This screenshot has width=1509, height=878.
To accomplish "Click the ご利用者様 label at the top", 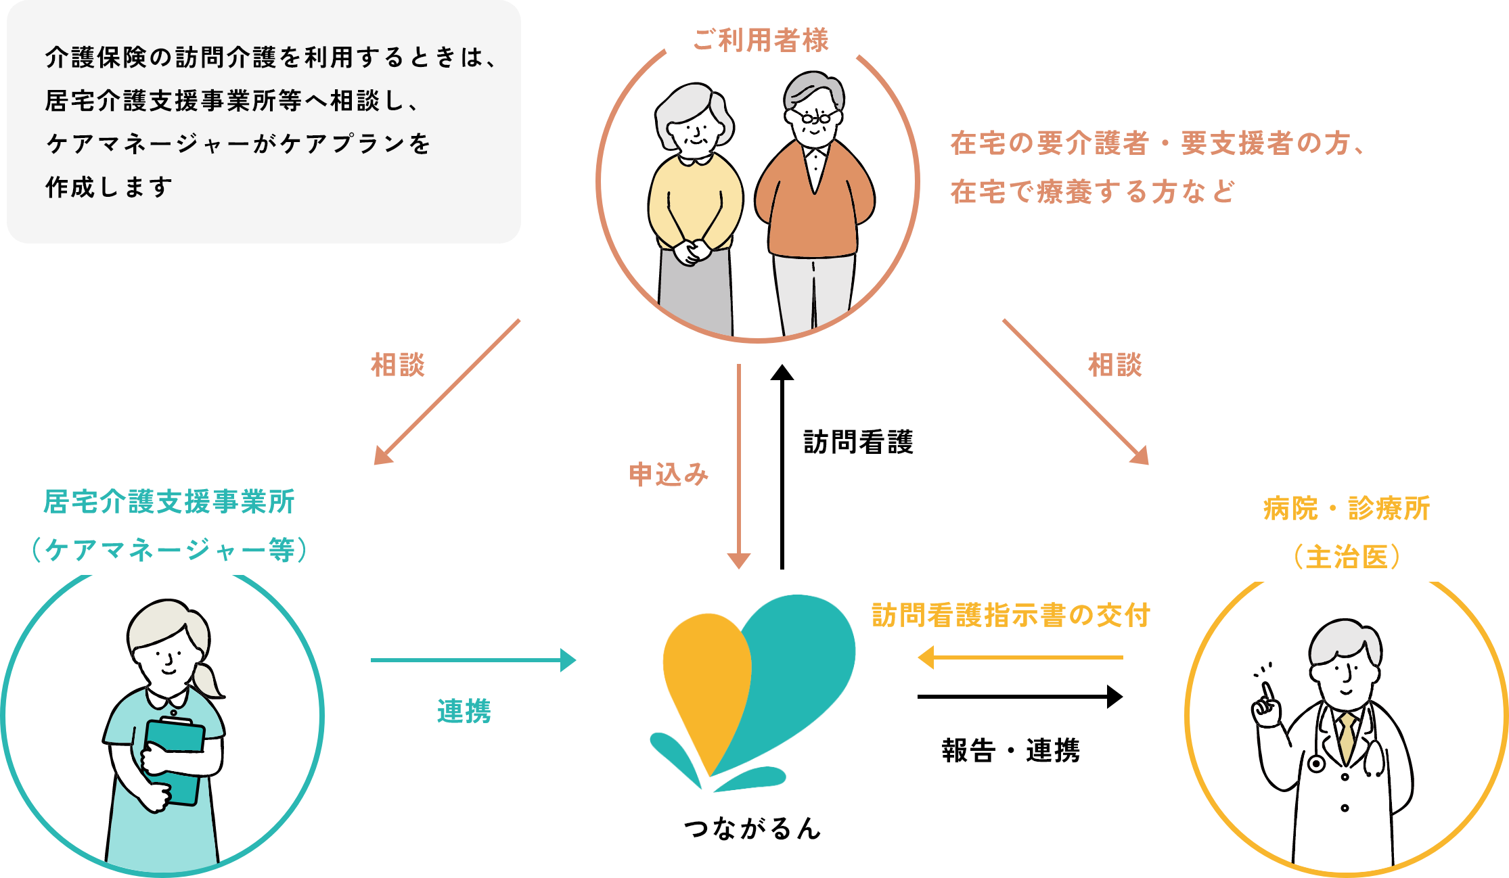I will [761, 41].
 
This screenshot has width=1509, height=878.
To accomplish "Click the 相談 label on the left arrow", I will [398, 365].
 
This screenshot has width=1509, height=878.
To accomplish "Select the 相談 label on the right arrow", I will [1114, 365].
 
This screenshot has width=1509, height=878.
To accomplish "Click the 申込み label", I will [669, 474].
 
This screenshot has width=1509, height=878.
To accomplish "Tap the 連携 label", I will [464, 711].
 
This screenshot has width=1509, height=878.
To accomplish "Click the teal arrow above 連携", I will [473, 660].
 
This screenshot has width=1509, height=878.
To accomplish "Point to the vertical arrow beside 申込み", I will [739, 467].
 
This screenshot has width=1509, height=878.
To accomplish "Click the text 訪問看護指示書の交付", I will [1011, 616].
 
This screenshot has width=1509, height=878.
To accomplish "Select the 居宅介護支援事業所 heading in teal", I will [169, 503].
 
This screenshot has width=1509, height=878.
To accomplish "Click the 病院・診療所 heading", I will [1346, 509].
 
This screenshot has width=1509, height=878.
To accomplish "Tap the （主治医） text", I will [1346, 557].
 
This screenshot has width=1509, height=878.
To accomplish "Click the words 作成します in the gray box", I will [109, 187].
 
